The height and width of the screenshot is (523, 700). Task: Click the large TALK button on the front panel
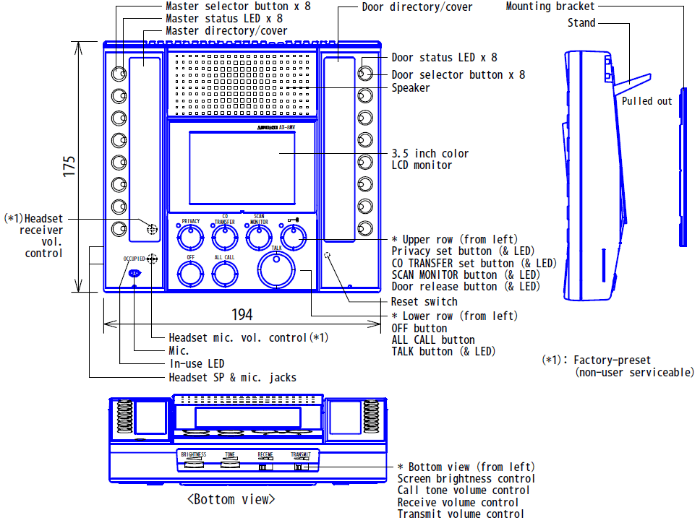[x=278, y=269]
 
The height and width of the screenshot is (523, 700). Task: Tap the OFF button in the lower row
[x=189, y=273]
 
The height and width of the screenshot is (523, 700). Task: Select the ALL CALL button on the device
[x=224, y=273]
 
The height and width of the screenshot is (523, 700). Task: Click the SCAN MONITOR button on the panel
[x=258, y=236]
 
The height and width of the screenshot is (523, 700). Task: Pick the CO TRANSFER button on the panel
[x=225, y=236]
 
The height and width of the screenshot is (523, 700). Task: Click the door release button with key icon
[x=292, y=235]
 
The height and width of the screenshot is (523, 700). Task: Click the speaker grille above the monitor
[x=242, y=83]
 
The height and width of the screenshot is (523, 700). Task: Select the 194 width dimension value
[x=242, y=314]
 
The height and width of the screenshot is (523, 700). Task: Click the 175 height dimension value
[x=69, y=165]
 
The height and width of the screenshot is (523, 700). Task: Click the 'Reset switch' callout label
[x=424, y=301]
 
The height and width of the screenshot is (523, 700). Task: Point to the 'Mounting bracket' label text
[x=550, y=7]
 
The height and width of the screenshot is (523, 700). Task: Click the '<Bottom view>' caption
[x=231, y=499]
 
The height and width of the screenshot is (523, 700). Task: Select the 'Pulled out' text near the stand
[x=646, y=101]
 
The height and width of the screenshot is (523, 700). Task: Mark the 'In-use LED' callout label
[x=197, y=363]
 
